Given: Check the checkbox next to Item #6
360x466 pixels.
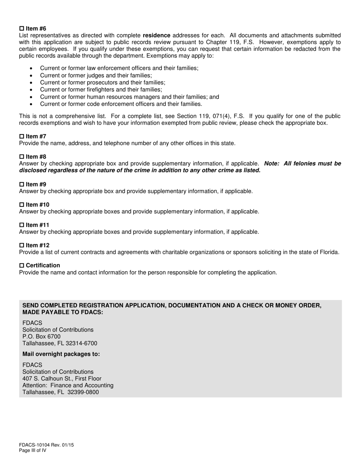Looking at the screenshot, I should pyautogui.click(x=22, y=29).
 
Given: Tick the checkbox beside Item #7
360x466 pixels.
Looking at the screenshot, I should pyautogui.click(x=22, y=136).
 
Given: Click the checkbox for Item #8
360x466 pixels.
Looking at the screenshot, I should pyautogui.click(x=22, y=157).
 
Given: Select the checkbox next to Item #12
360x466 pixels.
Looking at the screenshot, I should pyautogui.click(x=22, y=246).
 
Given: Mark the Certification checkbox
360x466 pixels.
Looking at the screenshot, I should pyautogui.click(x=22, y=266).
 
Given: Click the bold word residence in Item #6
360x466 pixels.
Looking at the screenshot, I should pyautogui.click(x=157, y=36).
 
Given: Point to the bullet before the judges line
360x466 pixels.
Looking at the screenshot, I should pyautogui.click(x=31, y=75).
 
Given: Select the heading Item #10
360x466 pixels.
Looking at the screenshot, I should pyautogui.click(x=38, y=205).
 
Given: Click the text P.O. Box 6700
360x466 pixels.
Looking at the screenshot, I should pyautogui.click(x=41, y=337).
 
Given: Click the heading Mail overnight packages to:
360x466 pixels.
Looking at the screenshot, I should pyautogui.click(x=61, y=354).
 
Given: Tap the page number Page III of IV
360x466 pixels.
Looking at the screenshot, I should pyautogui.click(x=33, y=451).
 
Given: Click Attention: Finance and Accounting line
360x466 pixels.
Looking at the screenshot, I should pyautogui.click(x=68, y=386).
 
